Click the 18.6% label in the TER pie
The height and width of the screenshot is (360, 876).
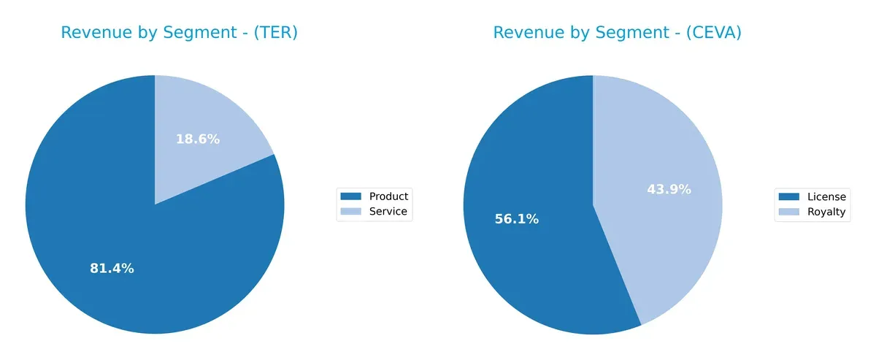(x=197, y=139)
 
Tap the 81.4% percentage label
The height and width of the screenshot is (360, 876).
(x=112, y=268)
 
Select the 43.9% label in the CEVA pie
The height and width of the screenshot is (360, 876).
(x=669, y=189)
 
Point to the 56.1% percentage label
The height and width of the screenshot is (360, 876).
(x=516, y=219)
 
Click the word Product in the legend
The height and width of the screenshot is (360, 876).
(x=388, y=196)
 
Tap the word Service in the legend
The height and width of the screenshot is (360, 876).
(x=388, y=212)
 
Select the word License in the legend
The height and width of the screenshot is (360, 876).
(x=826, y=196)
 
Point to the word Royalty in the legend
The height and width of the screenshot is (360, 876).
(x=826, y=212)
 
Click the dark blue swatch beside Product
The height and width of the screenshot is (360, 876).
(x=351, y=196)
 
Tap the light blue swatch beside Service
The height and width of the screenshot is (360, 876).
(x=351, y=212)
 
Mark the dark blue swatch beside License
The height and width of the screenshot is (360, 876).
(x=789, y=196)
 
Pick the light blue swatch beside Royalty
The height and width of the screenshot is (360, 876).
(x=789, y=212)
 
